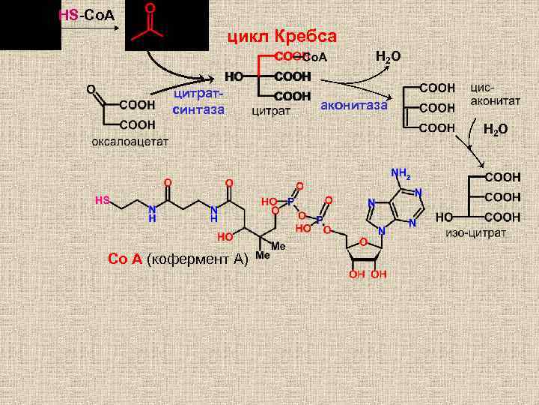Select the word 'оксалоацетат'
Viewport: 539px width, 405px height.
click(x=130, y=140)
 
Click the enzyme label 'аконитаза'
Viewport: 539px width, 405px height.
click(x=353, y=105)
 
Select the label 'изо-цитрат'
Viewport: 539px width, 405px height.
click(x=476, y=232)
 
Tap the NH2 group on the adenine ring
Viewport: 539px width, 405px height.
click(x=401, y=174)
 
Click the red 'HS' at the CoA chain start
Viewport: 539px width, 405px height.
click(x=103, y=199)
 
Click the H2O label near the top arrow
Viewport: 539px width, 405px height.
click(x=388, y=56)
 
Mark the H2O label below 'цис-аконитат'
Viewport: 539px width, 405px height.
click(x=495, y=129)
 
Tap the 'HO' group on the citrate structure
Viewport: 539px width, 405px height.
click(x=234, y=76)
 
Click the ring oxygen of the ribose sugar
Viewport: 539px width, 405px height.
click(x=362, y=242)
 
